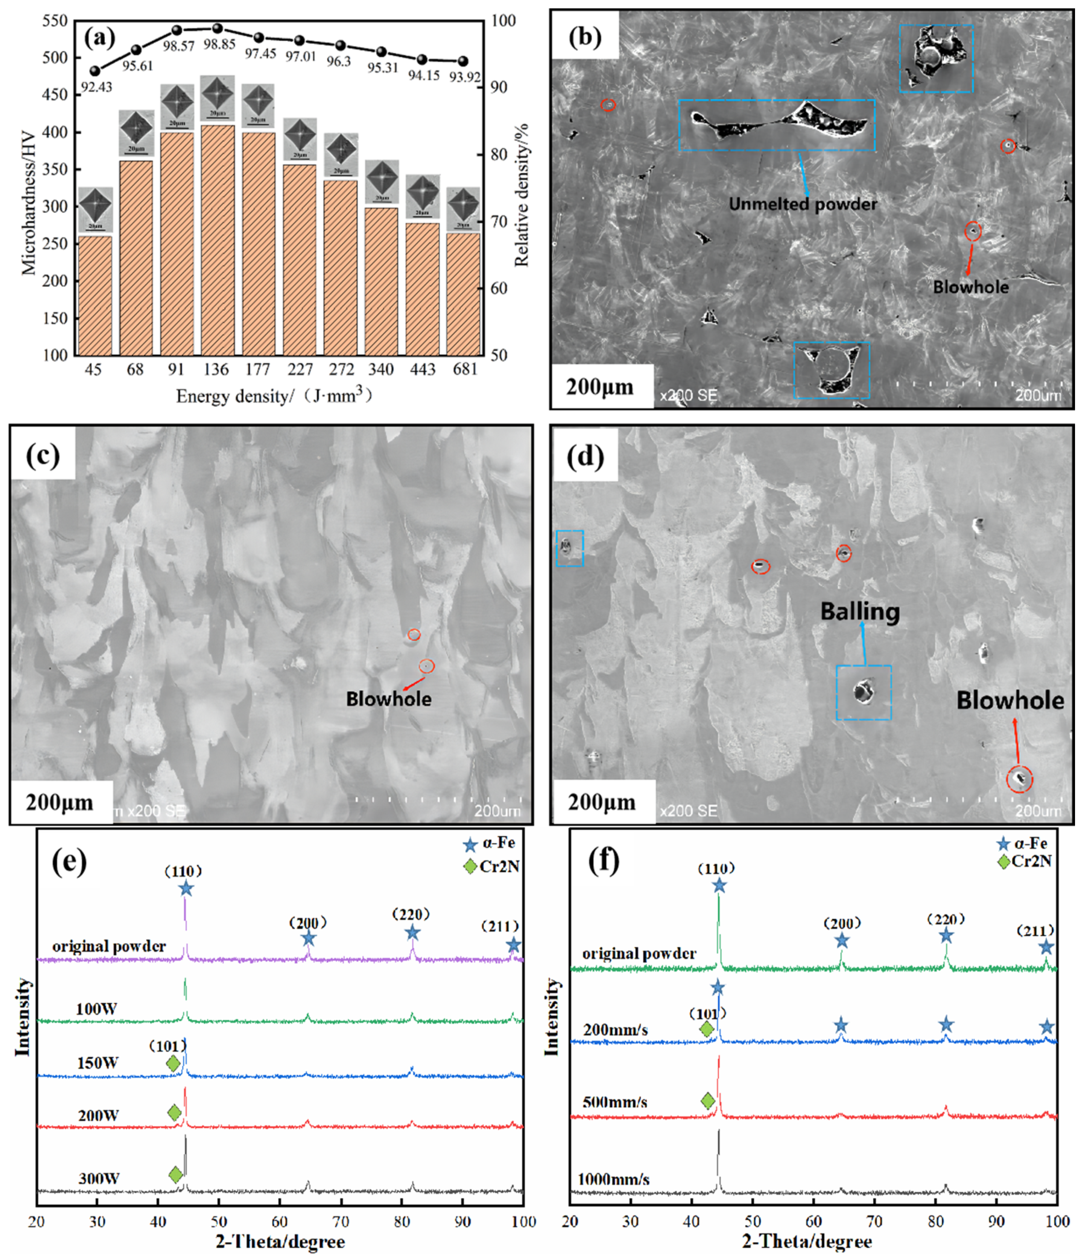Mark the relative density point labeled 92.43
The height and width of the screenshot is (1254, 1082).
point(95,71)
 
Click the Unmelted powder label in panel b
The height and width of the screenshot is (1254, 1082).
point(802,204)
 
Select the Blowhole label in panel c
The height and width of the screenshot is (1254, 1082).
point(389,699)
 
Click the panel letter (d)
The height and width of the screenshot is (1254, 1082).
point(585,456)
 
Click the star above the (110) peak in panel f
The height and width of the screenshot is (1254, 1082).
point(718,886)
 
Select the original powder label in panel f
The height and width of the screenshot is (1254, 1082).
point(639,954)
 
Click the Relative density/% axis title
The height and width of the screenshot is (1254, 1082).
point(522,195)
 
